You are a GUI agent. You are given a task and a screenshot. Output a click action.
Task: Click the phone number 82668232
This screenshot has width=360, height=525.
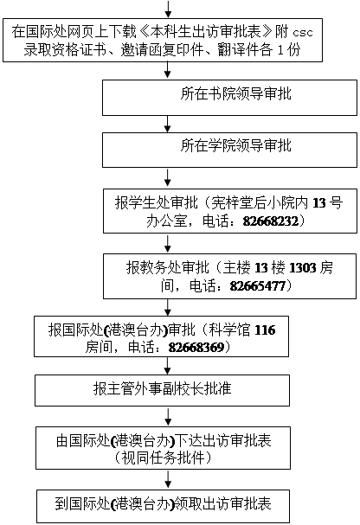(x=271, y=221)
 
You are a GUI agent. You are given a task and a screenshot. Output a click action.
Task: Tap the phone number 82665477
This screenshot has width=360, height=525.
(x=258, y=286)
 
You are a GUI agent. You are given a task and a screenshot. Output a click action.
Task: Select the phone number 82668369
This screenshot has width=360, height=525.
(x=196, y=347)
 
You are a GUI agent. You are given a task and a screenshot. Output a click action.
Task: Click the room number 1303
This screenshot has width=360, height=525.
(x=302, y=268)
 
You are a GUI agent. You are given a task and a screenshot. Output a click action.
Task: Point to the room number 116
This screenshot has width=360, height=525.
(x=265, y=330)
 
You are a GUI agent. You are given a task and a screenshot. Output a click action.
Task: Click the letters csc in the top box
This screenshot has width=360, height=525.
(x=303, y=33)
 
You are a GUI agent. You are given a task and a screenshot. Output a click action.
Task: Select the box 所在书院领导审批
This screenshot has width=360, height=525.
(x=229, y=98)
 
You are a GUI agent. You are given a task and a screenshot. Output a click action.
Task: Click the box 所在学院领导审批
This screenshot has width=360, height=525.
(x=229, y=150)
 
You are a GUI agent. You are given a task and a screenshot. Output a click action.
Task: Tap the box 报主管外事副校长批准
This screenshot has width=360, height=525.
(x=162, y=390)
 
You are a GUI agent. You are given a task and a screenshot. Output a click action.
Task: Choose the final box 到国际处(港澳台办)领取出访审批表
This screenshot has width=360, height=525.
(x=163, y=506)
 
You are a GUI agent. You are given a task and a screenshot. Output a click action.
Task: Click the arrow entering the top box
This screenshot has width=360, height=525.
(x=168, y=9)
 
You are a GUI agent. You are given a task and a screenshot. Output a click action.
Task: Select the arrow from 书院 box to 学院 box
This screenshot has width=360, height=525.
(x=168, y=124)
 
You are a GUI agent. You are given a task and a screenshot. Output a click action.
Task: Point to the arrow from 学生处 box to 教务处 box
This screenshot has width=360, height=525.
(x=168, y=243)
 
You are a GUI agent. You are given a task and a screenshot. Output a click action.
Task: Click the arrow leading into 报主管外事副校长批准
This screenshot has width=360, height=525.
(x=168, y=366)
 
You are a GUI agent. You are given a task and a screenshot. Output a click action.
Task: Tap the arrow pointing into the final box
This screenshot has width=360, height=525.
(x=168, y=479)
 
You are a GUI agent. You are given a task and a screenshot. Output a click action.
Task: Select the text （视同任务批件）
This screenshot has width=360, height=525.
(x=163, y=458)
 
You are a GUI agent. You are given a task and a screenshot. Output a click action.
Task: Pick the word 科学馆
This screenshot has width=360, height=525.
(x=229, y=330)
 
